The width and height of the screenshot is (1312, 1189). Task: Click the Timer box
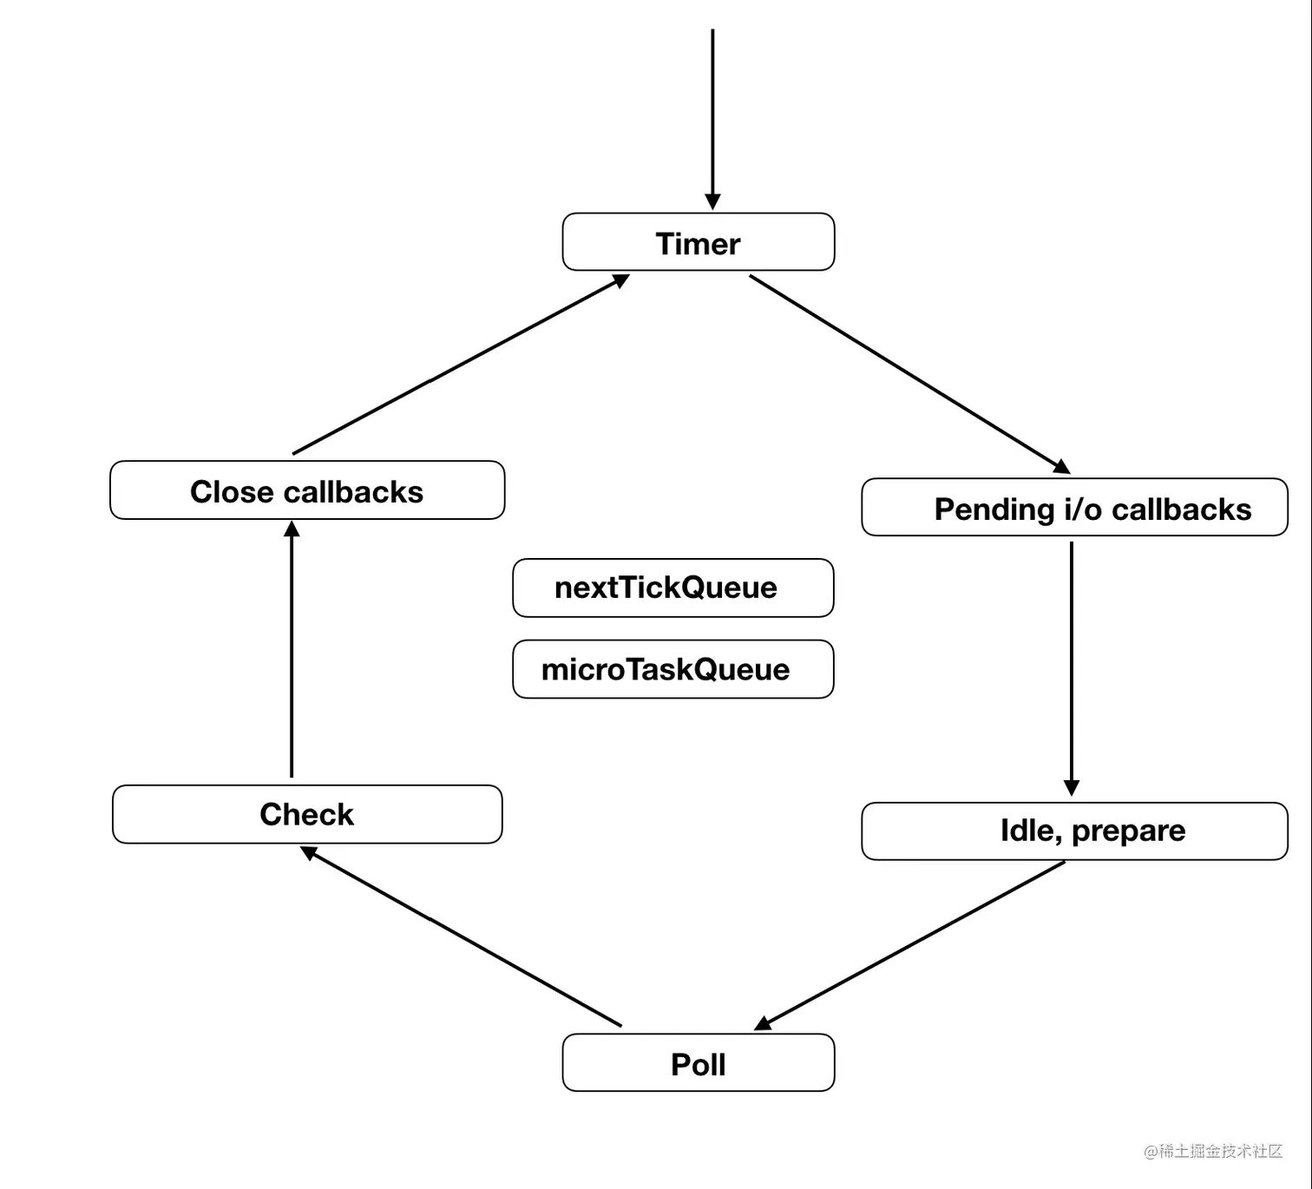698,242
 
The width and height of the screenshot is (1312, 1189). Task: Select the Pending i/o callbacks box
1074,508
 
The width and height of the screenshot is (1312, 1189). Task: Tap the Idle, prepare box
1074,831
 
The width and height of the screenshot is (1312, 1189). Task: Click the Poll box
698,1063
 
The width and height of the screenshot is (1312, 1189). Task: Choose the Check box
307,814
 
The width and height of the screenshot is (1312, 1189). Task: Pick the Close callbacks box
307,491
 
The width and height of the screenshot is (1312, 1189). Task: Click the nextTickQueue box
672,588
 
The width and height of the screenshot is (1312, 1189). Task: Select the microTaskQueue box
672,669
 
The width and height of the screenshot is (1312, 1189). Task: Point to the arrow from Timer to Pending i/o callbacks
907,373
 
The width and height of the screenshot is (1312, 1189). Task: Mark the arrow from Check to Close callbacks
292,651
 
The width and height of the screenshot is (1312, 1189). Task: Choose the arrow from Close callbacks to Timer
460,365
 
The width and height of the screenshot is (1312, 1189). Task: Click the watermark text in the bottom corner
1212,1151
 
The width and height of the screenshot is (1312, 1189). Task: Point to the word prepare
1128,831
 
